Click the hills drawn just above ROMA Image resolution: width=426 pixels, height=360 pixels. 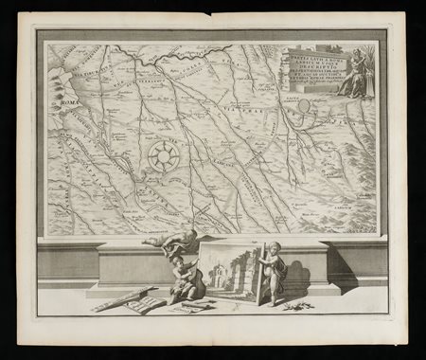point(62,90)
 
